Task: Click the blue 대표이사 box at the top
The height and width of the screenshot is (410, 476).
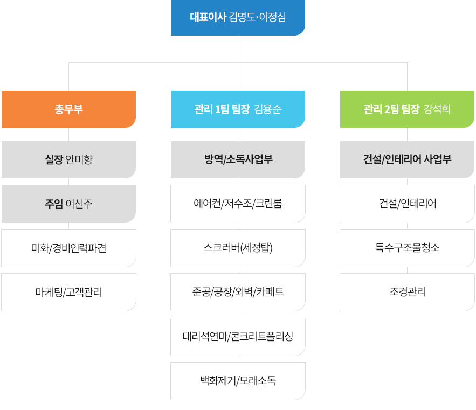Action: pos(238,17)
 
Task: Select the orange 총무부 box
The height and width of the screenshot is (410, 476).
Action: pos(68,109)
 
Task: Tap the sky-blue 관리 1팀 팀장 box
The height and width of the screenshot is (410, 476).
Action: pos(238,109)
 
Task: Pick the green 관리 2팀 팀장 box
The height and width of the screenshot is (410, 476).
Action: pos(407,109)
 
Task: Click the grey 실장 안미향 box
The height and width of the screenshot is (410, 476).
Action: pos(68,159)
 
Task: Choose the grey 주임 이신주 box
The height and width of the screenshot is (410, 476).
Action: pos(68,204)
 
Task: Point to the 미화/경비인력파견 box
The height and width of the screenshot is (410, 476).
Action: pos(68,248)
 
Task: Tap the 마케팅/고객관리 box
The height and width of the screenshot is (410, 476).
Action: pos(68,292)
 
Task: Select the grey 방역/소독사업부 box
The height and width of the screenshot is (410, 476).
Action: pos(238,159)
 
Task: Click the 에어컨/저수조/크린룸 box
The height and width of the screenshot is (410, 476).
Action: pos(238,204)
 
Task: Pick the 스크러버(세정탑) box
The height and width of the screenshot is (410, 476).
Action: pos(238,248)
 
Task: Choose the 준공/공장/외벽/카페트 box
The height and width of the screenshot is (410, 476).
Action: pos(238,292)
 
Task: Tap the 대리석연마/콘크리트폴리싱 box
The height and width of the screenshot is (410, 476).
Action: pos(238,337)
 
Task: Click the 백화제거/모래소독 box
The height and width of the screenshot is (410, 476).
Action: pos(238,381)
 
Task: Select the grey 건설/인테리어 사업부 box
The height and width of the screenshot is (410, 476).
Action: pos(407,159)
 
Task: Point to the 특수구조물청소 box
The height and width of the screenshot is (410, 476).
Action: pos(407,248)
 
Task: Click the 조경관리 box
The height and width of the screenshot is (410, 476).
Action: pos(407,292)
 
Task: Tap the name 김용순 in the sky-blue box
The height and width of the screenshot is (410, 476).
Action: pos(268,109)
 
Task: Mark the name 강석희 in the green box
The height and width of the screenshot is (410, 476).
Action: pos(437,109)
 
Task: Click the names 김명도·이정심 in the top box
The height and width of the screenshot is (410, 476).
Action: pos(257,17)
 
